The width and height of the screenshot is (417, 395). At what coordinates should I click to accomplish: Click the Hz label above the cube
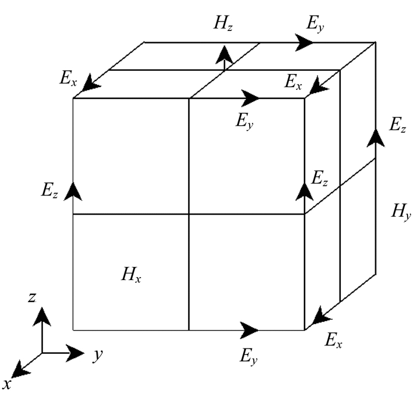coord(223,23)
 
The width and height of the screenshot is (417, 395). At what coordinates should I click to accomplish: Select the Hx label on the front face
coord(131,275)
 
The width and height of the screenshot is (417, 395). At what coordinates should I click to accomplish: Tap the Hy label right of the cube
coord(402,212)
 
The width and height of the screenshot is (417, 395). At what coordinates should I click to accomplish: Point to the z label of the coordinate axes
coord(32,297)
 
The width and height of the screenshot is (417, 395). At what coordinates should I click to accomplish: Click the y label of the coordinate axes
coord(98,355)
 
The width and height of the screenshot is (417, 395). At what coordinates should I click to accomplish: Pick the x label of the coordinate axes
coord(7,385)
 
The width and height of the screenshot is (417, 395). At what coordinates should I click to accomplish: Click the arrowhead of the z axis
coord(42,316)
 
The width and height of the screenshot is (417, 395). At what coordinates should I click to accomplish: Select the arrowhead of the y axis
coord(75,353)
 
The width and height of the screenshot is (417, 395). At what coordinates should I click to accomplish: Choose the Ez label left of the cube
coord(49,190)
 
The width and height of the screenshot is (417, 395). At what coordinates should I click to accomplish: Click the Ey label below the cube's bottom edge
coord(248,356)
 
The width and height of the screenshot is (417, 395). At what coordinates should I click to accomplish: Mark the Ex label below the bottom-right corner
coord(334,340)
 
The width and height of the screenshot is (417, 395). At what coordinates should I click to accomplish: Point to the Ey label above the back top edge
coord(315,24)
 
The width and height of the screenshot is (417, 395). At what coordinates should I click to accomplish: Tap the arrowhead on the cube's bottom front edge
coord(249,331)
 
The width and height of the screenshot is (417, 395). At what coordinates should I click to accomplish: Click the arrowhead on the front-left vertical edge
coord(73,191)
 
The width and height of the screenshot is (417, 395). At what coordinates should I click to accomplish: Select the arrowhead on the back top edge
coord(304,42)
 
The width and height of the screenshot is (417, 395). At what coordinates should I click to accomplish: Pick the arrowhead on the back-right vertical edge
coord(375,138)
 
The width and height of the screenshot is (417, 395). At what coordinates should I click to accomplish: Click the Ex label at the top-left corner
coord(69,79)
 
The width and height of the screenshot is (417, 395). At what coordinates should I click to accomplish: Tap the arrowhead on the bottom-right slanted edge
coord(321,316)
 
